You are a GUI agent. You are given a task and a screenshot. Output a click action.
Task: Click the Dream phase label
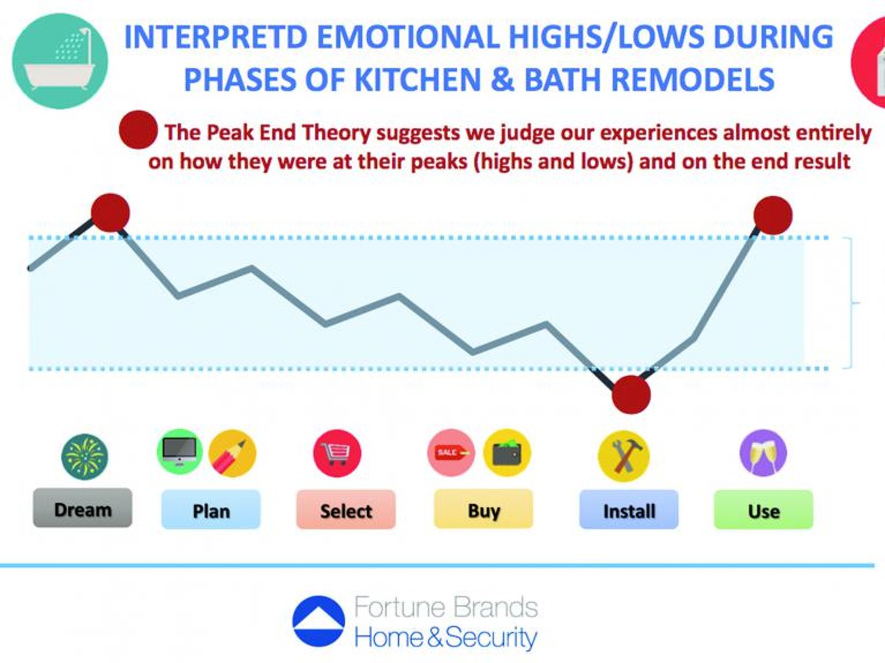[82, 508]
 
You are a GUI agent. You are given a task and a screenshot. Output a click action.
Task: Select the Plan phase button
[211, 509]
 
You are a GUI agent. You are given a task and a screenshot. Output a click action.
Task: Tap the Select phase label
[346, 509]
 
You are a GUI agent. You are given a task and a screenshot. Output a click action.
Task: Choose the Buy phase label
[484, 509]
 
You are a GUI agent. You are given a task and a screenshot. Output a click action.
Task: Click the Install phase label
[629, 509]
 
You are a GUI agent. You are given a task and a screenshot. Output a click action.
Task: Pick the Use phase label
[764, 509]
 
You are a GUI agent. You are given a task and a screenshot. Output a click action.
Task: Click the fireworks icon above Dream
[85, 457]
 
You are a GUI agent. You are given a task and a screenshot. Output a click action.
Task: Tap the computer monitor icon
[179, 452]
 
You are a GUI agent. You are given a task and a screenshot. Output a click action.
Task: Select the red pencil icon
[232, 453]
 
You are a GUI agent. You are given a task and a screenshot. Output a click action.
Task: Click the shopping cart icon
[337, 453]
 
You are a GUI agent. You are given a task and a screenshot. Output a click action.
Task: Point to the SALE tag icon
[451, 453]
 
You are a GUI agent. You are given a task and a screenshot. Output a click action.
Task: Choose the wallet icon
[507, 453]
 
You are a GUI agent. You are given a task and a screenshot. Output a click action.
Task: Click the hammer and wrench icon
[624, 456]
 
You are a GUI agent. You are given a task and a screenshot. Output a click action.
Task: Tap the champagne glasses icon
[763, 453]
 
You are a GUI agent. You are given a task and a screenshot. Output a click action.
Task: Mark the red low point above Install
[631, 394]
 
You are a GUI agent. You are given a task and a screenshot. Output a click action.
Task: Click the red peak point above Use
[773, 216]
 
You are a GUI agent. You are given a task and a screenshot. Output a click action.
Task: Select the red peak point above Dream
[111, 213]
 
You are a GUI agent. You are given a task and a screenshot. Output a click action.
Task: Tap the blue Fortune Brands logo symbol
[318, 621]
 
